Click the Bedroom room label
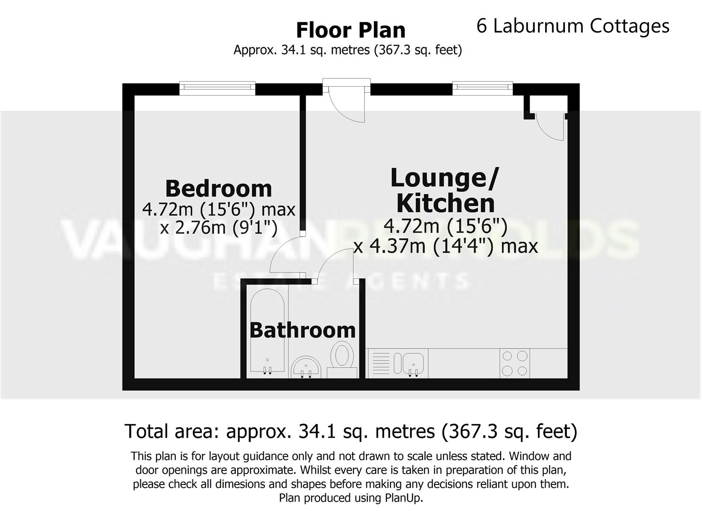coord(218,188)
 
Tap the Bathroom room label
coord(303,330)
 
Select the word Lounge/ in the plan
coord(444,178)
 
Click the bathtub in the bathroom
coord(267,331)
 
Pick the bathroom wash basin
coord(306,368)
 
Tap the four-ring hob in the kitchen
coord(515,363)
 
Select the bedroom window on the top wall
coord(217,88)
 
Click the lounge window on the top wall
coord(482,87)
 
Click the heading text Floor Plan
coord(350,30)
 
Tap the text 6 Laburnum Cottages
coord(572,26)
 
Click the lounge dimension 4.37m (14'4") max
coord(446,246)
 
